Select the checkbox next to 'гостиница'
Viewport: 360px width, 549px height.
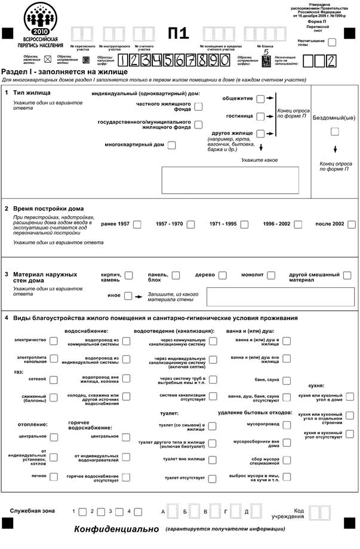point(260,116)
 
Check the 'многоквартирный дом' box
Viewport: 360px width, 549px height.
point(172,145)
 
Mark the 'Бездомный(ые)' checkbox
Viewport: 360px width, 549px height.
point(335,131)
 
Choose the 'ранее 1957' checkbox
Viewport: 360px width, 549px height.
point(137,225)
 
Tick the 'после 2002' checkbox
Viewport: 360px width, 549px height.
point(352,225)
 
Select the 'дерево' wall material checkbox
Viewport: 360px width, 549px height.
point(223,275)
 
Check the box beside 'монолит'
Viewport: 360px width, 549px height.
point(271,275)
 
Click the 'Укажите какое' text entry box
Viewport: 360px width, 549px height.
point(230,180)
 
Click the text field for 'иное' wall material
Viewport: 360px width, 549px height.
point(279,296)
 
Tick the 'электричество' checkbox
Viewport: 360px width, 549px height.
point(54,341)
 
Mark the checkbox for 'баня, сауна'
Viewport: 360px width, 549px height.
point(287,380)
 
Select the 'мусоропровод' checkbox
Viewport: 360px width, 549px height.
point(287,425)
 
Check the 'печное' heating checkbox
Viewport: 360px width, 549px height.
point(54,477)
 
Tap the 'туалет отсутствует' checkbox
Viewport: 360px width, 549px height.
point(213,478)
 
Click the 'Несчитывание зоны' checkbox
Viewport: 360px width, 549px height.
point(332,42)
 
